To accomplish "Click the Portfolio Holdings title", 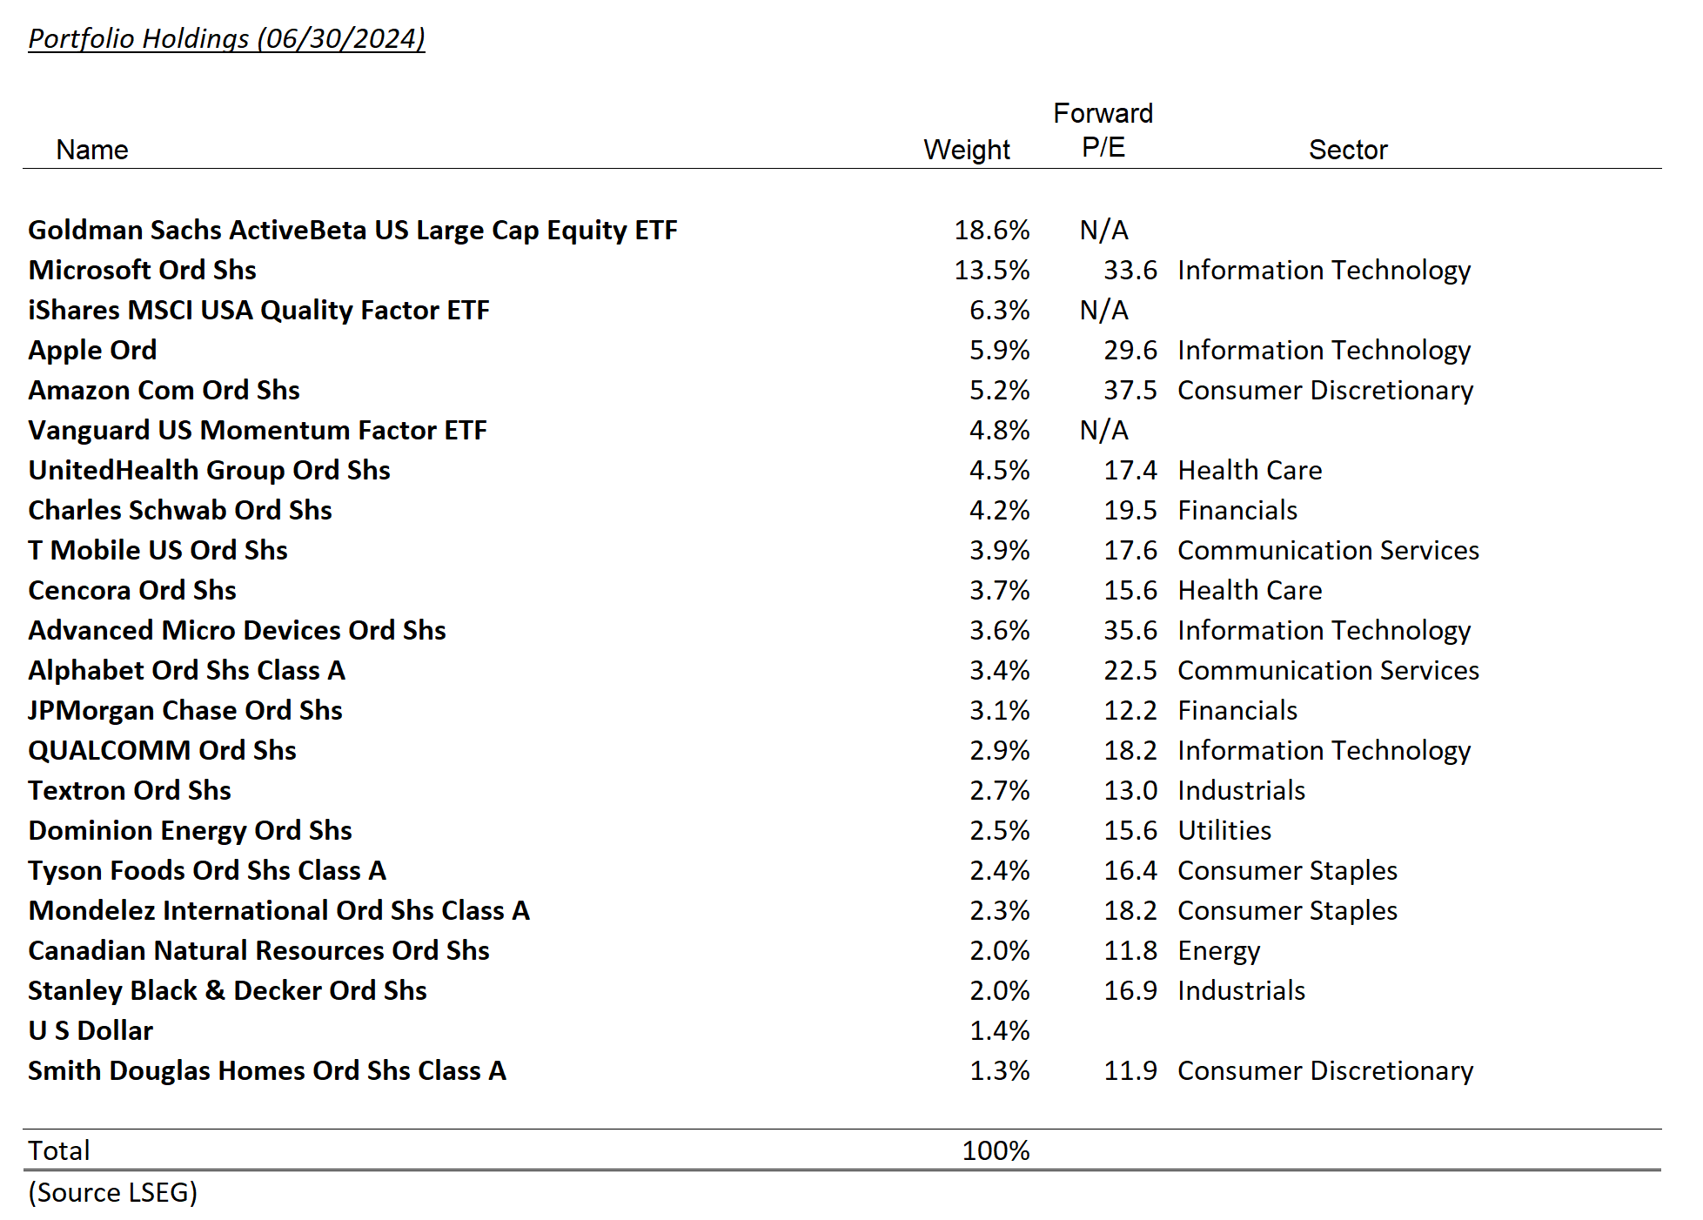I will [226, 38].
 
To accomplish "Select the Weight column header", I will [966, 150].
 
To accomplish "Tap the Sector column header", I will [1347, 150].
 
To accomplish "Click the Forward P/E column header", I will [1103, 131].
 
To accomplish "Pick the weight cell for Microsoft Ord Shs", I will [991, 270].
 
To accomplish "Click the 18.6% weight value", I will [991, 230].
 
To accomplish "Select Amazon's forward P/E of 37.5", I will [1130, 390].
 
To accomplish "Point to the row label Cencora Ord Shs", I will [132, 590].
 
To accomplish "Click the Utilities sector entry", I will [1224, 830].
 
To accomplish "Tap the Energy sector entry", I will [1218, 950].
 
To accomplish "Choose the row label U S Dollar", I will [91, 1030].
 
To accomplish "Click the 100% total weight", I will [996, 1150].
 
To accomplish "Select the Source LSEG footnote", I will [113, 1192].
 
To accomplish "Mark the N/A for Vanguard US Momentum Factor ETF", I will [1103, 430].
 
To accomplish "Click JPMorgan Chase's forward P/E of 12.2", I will [1130, 710].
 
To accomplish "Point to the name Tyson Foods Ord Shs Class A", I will [207, 870].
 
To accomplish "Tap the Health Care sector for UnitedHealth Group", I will [1250, 470].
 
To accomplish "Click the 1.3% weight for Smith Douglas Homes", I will [999, 1070].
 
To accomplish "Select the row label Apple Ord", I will [92, 350].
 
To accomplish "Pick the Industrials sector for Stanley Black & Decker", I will [1241, 990].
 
